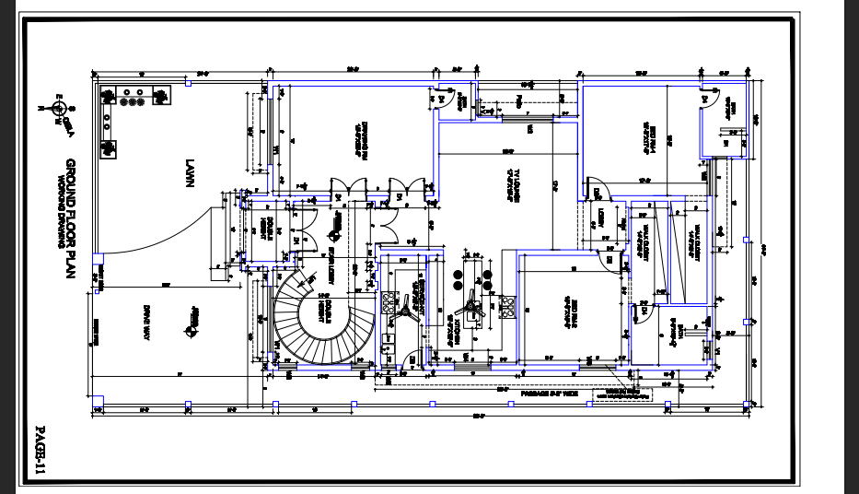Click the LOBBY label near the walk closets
tap(598, 218)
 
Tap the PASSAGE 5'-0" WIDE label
tap(549, 393)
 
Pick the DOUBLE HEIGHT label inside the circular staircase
tap(324, 313)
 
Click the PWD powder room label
tap(519, 100)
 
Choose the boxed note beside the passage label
tap(623, 394)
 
